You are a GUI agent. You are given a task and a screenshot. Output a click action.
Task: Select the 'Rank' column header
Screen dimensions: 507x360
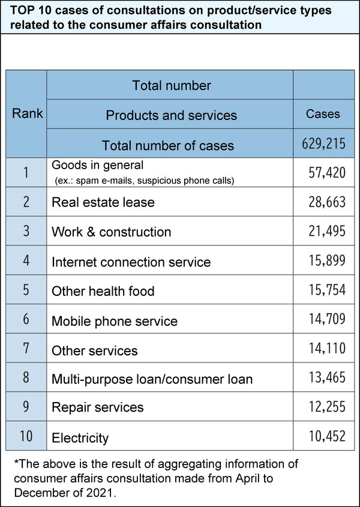coord(28,113)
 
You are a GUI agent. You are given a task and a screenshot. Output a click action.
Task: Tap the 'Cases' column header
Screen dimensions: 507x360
coord(323,114)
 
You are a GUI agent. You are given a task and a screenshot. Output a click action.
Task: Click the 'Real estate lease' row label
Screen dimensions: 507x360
coord(103,202)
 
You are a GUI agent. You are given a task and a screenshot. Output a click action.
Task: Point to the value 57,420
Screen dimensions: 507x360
coord(326,173)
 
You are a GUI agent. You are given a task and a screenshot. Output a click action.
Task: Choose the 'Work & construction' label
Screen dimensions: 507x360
coord(112,232)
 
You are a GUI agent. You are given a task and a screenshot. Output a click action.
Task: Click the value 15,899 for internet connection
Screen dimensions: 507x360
coord(326,262)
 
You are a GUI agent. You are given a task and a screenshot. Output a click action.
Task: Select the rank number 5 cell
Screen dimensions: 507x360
coord(26,290)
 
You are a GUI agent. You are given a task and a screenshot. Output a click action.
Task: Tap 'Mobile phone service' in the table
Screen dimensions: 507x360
coord(115,320)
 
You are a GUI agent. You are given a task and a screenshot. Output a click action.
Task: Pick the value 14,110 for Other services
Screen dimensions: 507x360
coord(326,349)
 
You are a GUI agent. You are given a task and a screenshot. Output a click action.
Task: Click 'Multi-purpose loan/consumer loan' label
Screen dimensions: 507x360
coord(152,379)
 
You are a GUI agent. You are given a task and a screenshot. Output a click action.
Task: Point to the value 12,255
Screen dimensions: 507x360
coord(326,407)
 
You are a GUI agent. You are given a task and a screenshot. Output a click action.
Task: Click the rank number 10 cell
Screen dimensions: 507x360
coord(26,436)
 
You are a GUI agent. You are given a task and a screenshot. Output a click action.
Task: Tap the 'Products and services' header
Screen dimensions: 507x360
coord(171,115)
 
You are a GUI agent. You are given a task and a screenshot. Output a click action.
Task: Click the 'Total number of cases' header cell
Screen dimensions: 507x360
coord(168,145)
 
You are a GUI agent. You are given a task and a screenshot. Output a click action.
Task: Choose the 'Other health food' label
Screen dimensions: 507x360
coord(103,291)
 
